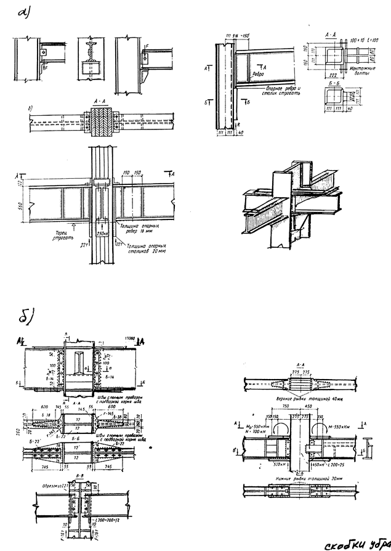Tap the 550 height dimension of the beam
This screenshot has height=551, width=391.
22,203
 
